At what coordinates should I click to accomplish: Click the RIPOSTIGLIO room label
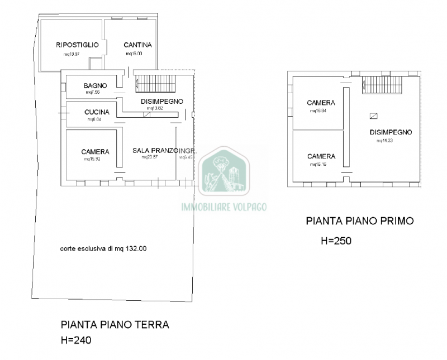77,45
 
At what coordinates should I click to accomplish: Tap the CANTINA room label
138,45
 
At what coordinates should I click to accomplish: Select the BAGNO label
95,85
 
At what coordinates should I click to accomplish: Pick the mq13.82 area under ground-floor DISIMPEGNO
154,108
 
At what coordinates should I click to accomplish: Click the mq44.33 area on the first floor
385,141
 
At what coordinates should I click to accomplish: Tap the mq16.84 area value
318,111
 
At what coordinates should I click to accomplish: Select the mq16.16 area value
317,165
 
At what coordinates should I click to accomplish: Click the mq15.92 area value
92,159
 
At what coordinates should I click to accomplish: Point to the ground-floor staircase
156,83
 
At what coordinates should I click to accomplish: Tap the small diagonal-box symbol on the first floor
373,116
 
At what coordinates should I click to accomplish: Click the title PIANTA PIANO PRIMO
359,221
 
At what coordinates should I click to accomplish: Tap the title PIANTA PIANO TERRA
115,324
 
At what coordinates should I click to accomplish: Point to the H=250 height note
336,241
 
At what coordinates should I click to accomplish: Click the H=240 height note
75,339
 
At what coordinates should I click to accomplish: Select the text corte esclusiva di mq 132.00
103,249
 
